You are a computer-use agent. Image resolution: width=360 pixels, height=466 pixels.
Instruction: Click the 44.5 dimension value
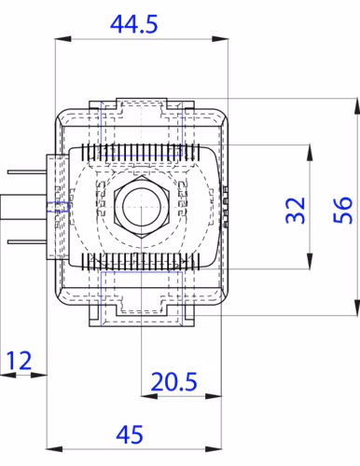click(134, 24)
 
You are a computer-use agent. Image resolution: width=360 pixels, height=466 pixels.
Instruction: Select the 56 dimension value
click(343, 210)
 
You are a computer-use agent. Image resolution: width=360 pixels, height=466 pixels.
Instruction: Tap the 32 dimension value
click(295, 210)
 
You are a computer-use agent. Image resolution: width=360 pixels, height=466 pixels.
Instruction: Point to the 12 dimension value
click(19, 361)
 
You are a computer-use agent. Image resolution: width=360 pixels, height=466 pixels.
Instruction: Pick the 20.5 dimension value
click(173, 381)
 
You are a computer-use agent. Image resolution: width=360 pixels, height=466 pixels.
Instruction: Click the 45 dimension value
click(130, 434)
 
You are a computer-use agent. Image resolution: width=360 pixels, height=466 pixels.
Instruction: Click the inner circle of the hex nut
click(142, 207)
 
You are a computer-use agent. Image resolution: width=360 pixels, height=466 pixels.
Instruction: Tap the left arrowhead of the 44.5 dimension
click(63, 39)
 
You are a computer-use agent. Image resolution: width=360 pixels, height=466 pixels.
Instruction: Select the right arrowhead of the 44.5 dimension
click(220, 39)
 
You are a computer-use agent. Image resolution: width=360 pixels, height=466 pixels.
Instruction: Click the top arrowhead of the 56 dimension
click(357, 106)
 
